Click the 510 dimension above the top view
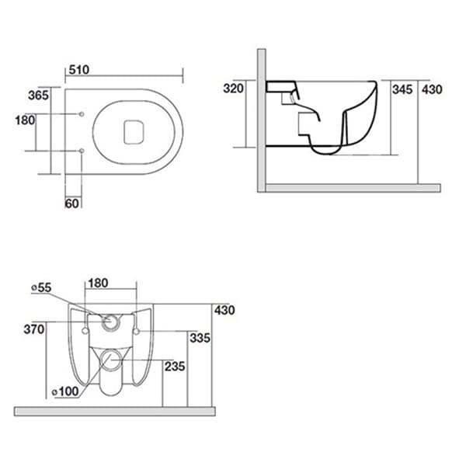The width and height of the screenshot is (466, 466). click(x=79, y=69)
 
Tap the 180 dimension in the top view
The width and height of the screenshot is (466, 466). click(x=25, y=120)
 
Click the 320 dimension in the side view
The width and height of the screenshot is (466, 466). click(x=234, y=89)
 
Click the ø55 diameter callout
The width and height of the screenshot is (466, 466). click(x=40, y=288)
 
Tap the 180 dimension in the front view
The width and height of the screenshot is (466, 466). click(x=98, y=283)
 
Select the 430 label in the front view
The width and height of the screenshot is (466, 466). click(x=224, y=310)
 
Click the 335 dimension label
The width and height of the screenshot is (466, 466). click(x=200, y=338)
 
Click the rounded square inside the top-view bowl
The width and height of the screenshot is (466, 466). click(x=135, y=130)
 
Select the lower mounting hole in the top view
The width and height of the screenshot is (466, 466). click(x=82, y=149)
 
